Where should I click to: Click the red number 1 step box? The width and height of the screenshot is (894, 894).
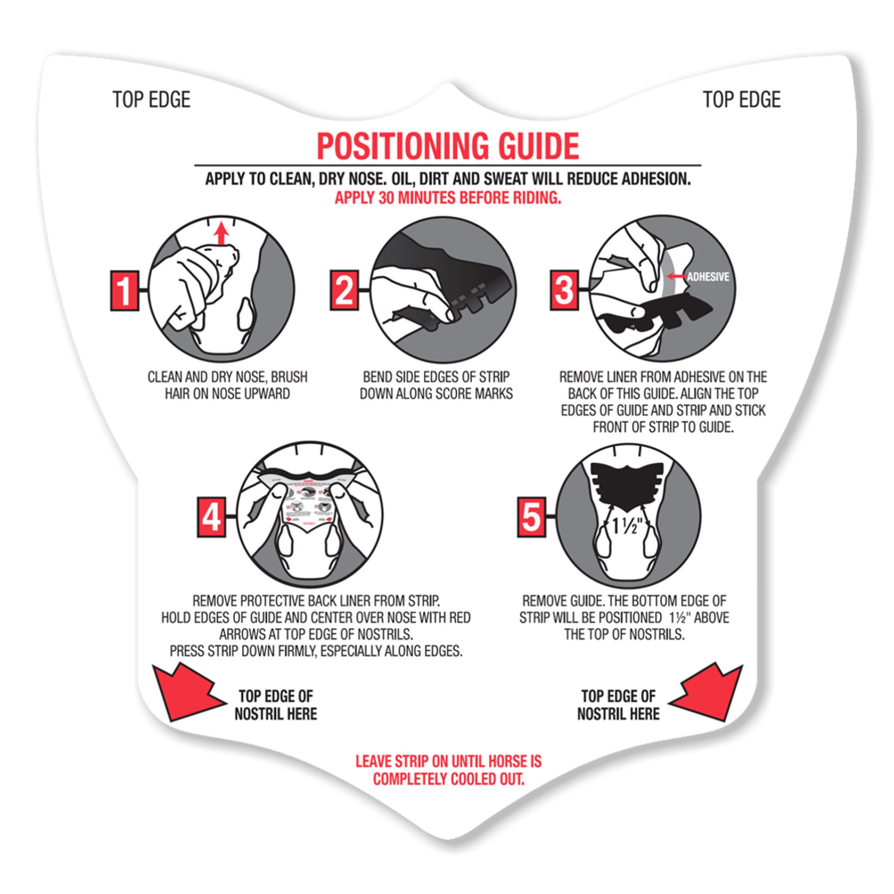pyautogui.click(x=124, y=290)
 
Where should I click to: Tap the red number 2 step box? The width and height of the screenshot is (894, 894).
pyautogui.click(x=344, y=290)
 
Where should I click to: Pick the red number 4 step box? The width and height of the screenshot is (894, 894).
pyautogui.click(x=211, y=517)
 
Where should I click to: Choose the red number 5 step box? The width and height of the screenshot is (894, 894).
pyautogui.click(x=531, y=517)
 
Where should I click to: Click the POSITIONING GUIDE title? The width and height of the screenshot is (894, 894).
pyautogui.click(x=447, y=146)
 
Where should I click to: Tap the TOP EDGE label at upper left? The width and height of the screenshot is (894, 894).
pyautogui.click(x=151, y=100)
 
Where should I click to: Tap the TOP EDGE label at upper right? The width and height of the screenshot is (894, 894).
pyautogui.click(x=741, y=100)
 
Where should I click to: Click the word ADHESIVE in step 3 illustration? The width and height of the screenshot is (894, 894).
pyautogui.click(x=708, y=277)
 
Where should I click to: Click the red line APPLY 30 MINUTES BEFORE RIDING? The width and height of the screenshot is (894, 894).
pyautogui.click(x=447, y=198)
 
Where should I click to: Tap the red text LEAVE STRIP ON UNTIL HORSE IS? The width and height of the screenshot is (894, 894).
pyautogui.click(x=448, y=761)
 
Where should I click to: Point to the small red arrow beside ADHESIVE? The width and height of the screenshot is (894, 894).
pyautogui.click(x=676, y=277)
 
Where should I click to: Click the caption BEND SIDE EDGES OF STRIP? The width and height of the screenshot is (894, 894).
pyautogui.click(x=436, y=377)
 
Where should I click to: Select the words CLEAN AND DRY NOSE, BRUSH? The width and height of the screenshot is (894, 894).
pyautogui.click(x=227, y=377)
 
